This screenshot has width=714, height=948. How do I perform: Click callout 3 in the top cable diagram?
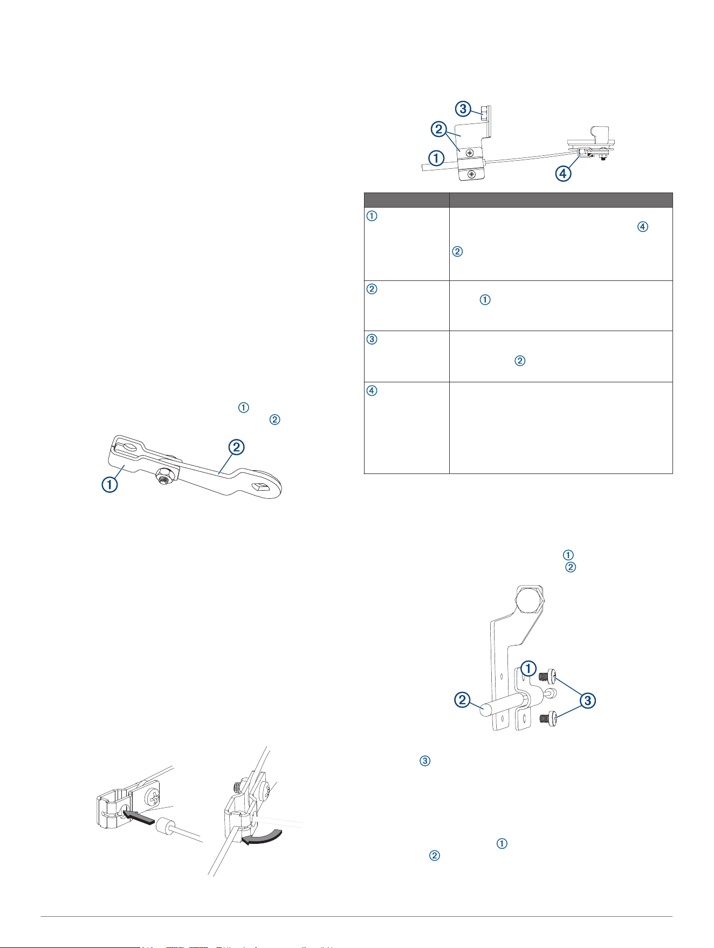462,109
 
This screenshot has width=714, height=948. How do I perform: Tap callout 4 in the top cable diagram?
563,174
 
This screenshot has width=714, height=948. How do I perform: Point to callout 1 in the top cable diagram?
436,158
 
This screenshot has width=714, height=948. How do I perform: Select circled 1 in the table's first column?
372,216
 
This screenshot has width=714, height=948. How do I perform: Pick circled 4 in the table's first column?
372,390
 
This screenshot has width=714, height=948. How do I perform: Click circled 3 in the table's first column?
372,340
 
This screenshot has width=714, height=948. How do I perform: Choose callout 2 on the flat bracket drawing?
236,448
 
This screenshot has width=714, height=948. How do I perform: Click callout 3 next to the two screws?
588,700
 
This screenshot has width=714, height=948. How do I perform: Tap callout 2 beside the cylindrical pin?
463,700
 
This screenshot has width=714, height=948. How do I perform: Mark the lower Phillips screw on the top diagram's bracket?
472,174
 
